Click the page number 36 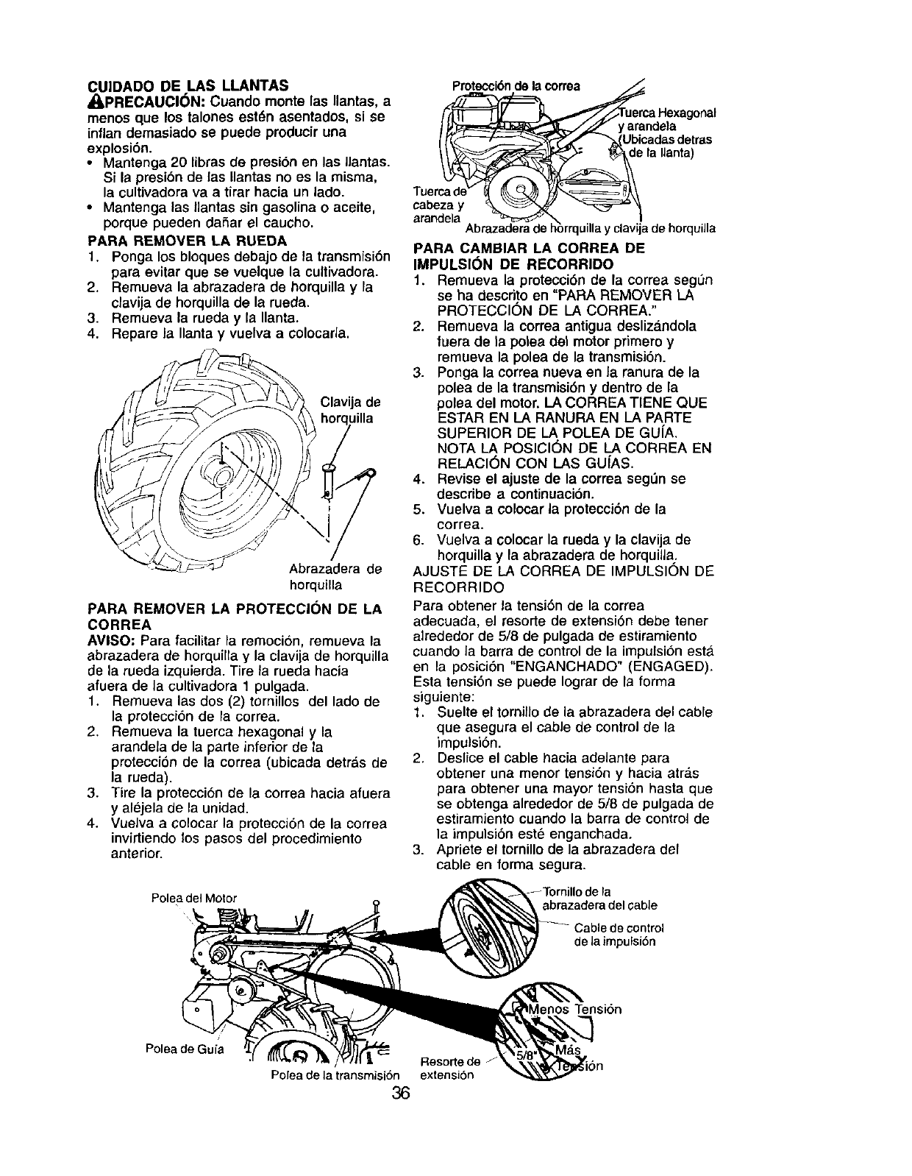point(400,1092)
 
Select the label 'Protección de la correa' point(519,85)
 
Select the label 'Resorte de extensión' point(448,1068)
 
